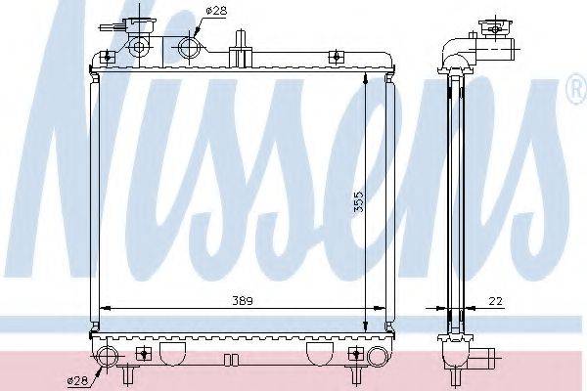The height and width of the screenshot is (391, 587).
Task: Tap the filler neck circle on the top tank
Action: pyautogui.click(x=138, y=46)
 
